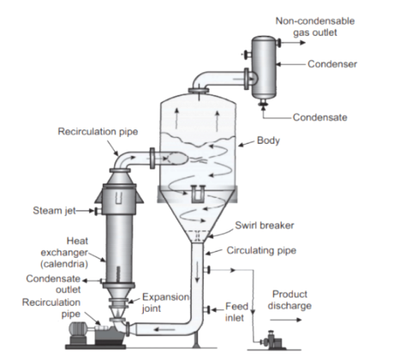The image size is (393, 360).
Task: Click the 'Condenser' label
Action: (x=332, y=64)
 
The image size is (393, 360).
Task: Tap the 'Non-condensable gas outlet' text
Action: (x=315, y=27)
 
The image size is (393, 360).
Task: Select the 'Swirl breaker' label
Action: (x=265, y=225)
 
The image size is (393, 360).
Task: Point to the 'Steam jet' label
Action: (x=54, y=211)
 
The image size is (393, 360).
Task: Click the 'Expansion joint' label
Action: (x=165, y=303)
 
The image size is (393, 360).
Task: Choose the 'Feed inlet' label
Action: (x=236, y=312)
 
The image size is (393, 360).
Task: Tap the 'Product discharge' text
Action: (x=289, y=300)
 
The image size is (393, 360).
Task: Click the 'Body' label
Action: (x=268, y=141)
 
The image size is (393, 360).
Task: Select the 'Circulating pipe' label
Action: (x=261, y=250)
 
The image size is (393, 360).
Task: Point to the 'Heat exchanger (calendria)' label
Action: (x=64, y=252)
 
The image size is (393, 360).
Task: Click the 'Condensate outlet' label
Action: (x=53, y=284)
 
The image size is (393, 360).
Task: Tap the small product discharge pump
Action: (x=273, y=341)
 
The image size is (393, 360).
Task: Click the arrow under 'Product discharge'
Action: (x=286, y=320)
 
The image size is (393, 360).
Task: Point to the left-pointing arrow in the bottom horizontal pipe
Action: (x=164, y=330)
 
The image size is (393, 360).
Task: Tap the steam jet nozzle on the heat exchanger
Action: (x=98, y=211)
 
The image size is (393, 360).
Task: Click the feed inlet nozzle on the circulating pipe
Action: (x=207, y=309)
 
